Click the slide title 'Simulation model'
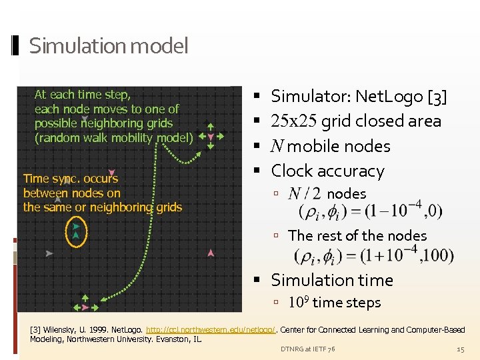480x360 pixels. click(109, 46)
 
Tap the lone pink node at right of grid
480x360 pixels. click(211, 253)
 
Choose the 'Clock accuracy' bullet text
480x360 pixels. click(327, 171)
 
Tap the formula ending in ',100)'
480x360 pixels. click(373, 255)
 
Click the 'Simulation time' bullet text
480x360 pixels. click(332, 280)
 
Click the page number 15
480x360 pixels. click(460, 349)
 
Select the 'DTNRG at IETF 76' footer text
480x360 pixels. click(307, 349)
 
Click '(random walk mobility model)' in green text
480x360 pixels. click(114, 138)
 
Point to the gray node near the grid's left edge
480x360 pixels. click(49, 253)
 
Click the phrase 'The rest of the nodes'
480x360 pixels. click(357, 235)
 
